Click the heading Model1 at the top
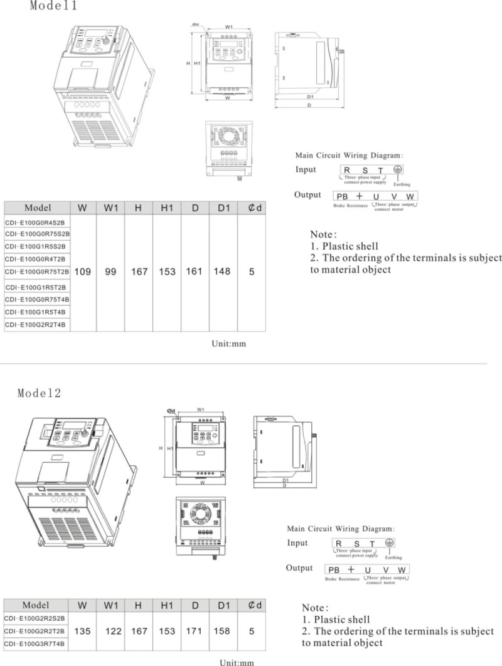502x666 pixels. [54, 6]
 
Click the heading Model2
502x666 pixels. [39, 393]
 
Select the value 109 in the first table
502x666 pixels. [82, 272]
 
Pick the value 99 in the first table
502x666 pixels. [110, 272]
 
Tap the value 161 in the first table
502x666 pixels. [195, 272]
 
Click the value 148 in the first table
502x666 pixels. [223, 272]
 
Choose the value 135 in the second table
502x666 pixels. [82, 631]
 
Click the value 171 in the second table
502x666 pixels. [195, 631]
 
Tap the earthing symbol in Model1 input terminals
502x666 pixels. [397, 169]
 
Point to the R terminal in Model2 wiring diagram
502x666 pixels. [338, 543]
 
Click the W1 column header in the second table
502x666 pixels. [111, 605]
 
